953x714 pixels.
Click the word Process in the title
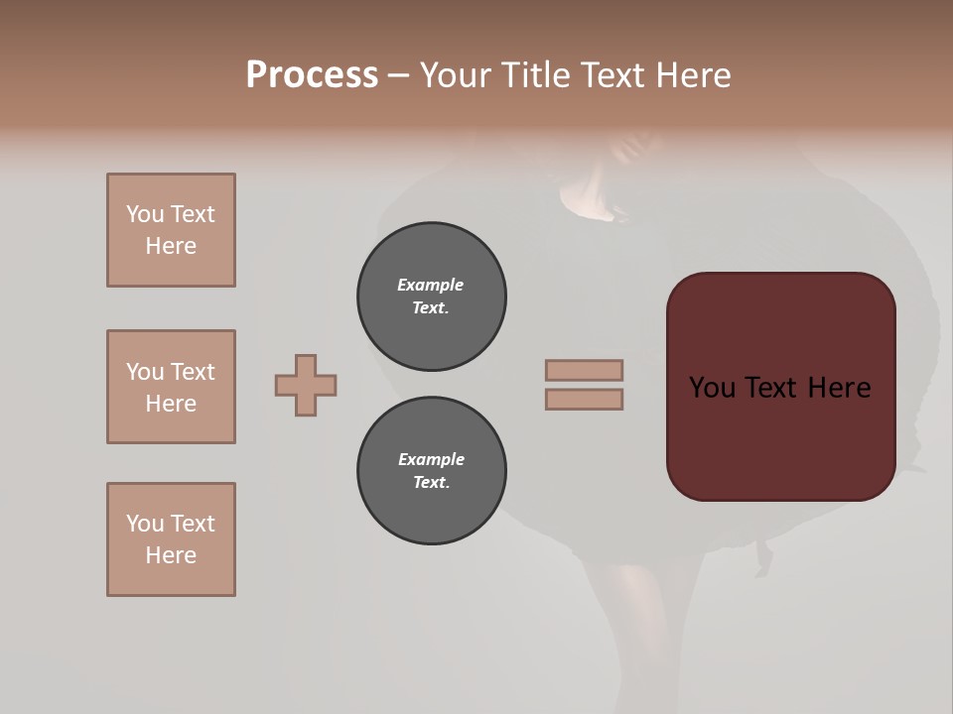312,75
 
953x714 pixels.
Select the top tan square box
171,230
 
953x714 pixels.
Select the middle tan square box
171,387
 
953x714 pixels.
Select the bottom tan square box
171,539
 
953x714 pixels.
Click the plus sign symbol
306,385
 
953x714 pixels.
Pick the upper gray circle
432,297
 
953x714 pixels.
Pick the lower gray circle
432,471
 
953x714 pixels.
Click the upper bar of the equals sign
584,370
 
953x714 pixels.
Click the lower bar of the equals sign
584,400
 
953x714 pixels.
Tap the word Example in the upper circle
430,285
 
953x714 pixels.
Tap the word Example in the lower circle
431,459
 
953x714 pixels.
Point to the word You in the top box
144,214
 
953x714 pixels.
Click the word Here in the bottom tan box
171,555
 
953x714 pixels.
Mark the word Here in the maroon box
839,388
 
